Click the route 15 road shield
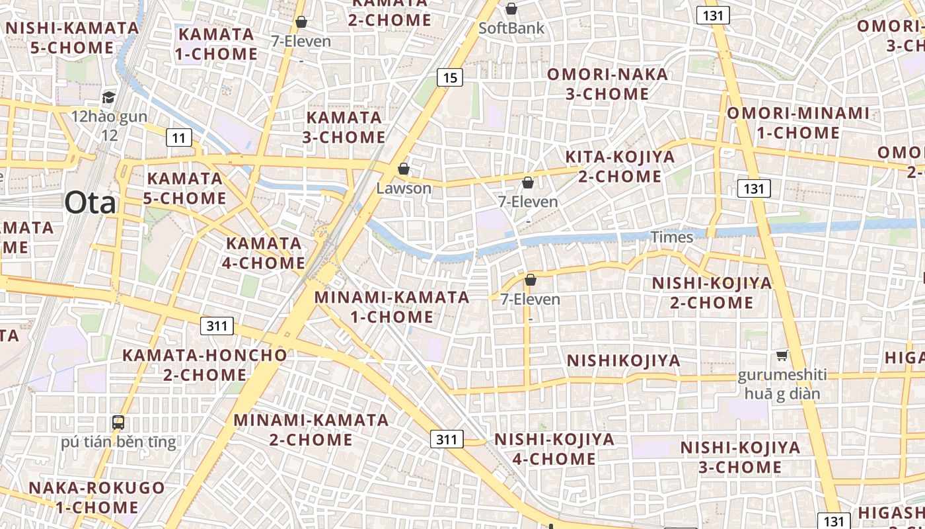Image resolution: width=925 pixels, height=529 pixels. click(x=449, y=78)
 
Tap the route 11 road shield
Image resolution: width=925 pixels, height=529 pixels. click(x=178, y=138)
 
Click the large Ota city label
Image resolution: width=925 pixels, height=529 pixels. click(x=91, y=203)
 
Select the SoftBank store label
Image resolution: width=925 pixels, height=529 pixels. click(x=511, y=28)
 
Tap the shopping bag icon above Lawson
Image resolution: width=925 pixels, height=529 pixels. click(x=403, y=169)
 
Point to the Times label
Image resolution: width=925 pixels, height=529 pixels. click(x=672, y=237)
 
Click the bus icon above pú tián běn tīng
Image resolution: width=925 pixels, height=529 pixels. click(x=118, y=422)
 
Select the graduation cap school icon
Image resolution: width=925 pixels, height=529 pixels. click(x=108, y=98)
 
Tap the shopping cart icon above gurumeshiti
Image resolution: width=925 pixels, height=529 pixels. click(x=782, y=356)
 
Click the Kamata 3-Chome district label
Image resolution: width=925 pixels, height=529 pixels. click(x=344, y=128)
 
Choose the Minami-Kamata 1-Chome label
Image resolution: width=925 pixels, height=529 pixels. click(x=392, y=307)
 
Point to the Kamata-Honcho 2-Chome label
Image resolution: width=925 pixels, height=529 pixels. click(x=205, y=365)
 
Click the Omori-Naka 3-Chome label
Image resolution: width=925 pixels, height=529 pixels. click(x=607, y=84)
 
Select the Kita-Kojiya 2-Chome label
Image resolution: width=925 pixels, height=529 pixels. click(x=620, y=167)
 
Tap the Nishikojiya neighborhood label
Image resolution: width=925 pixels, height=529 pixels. click(x=624, y=361)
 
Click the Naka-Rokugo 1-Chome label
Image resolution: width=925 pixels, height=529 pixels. click(x=96, y=498)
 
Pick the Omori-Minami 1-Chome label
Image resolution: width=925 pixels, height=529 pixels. click(x=798, y=123)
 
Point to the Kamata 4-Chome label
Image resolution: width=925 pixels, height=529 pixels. click(x=263, y=253)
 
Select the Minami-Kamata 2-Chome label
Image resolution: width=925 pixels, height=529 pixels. click(x=311, y=430)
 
